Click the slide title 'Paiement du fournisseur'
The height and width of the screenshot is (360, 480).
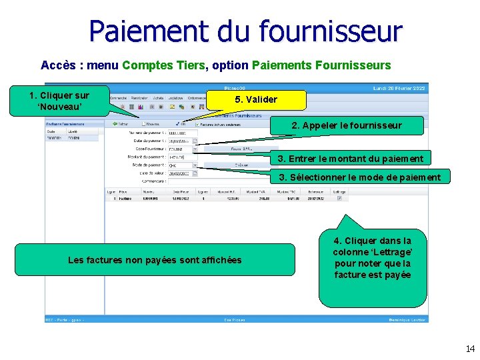tap(245, 31)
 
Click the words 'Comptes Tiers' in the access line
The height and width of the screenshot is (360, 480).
tap(165, 65)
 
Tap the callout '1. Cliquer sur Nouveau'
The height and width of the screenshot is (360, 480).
tap(59, 101)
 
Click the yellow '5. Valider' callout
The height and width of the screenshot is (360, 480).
tap(256, 100)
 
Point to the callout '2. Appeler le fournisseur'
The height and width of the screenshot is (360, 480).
tap(347, 125)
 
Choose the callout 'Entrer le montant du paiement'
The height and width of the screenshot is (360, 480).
tap(351, 159)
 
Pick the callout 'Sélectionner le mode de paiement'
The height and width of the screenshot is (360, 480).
tap(359, 177)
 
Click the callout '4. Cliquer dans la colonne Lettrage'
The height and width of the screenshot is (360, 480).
tap(373, 258)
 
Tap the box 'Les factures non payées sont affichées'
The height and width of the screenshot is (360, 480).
tap(155, 260)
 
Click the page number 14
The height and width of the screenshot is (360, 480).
tap(470, 349)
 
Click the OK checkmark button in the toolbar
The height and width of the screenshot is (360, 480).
tap(181, 123)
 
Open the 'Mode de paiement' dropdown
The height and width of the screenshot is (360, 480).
tap(195, 165)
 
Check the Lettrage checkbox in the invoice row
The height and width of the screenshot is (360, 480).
tap(340, 198)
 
